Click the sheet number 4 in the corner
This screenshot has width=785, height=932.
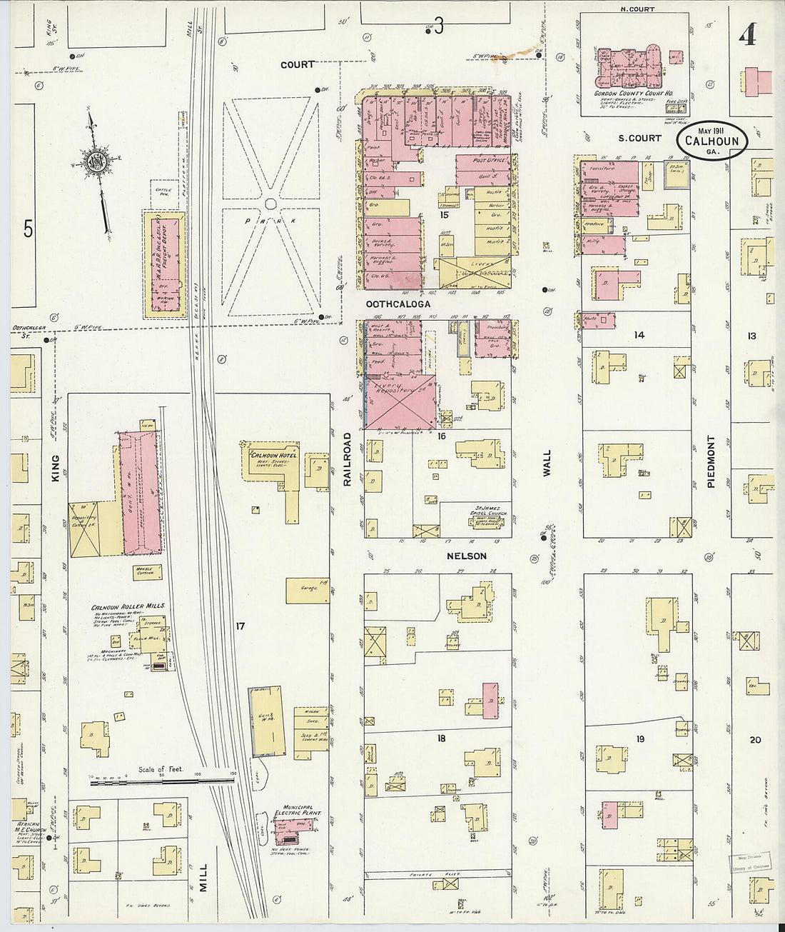pos(747,34)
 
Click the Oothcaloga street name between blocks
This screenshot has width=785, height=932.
pos(398,304)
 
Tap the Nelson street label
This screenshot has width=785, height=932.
pos(467,556)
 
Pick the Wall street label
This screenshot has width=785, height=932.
pos(547,463)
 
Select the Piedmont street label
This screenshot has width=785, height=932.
pos(711,461)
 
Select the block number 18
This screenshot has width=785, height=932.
pos(441,738)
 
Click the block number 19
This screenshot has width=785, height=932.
pos(640,739)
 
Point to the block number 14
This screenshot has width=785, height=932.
pos(639,334)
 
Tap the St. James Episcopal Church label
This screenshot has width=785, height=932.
pos(488,514)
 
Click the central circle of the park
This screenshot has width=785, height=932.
pos(270,204)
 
